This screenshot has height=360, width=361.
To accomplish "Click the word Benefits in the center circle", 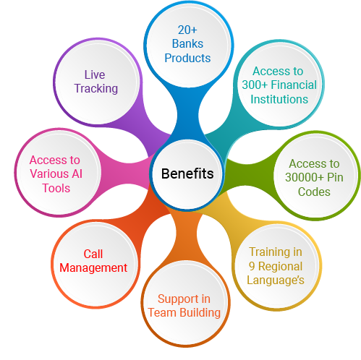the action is pos(187,173).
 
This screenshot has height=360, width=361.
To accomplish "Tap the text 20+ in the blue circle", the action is pos(187,30).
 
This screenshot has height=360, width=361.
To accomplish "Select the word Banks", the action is pos(187,44).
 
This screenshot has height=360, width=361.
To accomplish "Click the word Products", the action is pos(187,58).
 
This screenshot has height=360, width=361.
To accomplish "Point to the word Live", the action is pos(95,74).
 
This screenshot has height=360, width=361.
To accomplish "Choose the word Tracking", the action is pos(96,89).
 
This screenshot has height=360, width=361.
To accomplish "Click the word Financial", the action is pos(294,85).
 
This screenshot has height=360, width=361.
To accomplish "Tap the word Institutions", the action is pos(279,99).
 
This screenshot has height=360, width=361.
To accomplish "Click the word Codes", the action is pos(314,192).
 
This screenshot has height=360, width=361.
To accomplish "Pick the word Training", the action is pos(270,252).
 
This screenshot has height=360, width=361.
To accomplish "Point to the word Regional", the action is pos(280,267).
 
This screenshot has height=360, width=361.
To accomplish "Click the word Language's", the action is pos(276,280).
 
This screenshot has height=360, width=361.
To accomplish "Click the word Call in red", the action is pos(93,254).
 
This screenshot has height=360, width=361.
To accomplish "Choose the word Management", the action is pos(93,268).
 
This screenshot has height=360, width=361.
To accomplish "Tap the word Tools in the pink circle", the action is pos(56,188).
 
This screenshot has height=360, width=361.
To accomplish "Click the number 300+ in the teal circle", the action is pos(255,85).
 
